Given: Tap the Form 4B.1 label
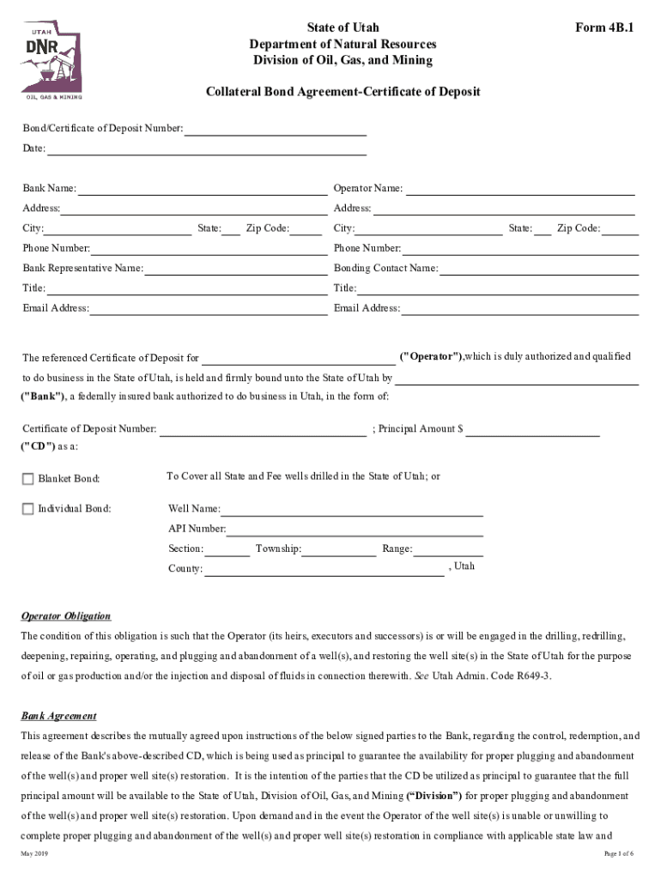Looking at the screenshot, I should coord(604,27).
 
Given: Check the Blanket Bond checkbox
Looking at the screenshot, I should coord(28,478).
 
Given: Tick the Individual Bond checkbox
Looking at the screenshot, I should coord(28,509).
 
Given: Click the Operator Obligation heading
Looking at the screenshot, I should coord(66,616).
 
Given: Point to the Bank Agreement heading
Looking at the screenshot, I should coord(58,716).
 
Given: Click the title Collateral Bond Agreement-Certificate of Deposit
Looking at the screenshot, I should coord(343,92).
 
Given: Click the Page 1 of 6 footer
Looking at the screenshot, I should coord(618,854).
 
